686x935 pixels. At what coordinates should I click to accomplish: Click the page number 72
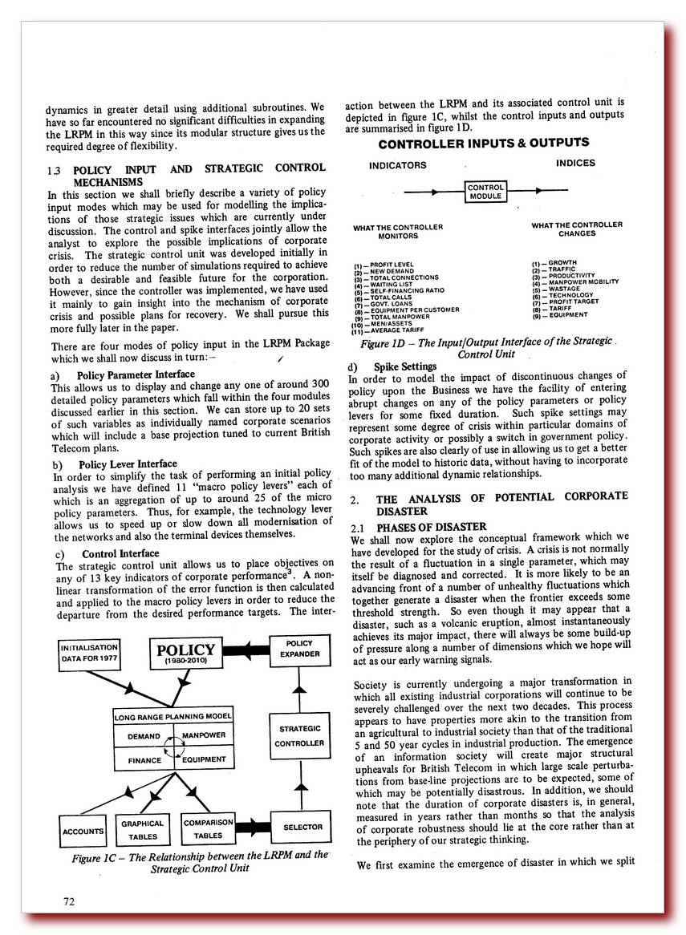coord(69,901)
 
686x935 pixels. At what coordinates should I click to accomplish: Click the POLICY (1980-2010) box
coord(185,654)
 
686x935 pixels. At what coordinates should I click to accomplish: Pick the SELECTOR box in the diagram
coord(302,827)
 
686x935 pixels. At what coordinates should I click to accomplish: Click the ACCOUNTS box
coord(83,832)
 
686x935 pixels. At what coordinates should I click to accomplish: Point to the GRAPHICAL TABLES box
coord(142,829)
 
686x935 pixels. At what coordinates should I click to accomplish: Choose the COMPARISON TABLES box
coord(208,829)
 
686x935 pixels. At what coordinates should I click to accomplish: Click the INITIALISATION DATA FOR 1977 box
coord(90,652)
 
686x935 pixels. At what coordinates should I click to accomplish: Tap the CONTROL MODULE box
coord(485,192)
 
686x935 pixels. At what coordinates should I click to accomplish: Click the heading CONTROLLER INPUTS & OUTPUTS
coord(483,144)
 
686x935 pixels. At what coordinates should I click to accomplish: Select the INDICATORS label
coord(397,165)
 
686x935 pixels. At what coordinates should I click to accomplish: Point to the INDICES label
coord(575,163)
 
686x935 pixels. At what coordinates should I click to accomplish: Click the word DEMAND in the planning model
coord(144,736)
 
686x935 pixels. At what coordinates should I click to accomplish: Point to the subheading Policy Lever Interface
coord(128,464)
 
